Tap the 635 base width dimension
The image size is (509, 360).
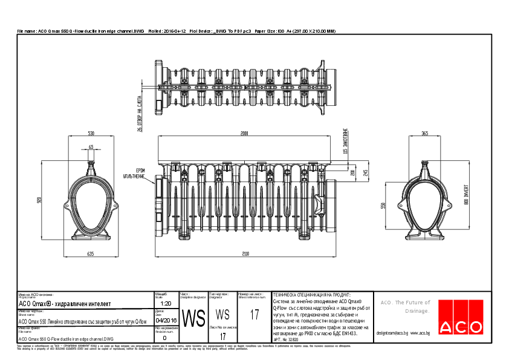91,254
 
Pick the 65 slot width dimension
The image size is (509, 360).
91,147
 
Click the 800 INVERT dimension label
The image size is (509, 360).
466,195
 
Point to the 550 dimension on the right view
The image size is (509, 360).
383,206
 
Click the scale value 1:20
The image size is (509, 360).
166,303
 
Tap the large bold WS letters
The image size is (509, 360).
193,318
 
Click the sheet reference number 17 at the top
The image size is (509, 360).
254,315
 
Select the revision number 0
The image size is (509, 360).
164,338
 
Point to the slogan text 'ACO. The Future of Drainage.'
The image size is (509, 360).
404,307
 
